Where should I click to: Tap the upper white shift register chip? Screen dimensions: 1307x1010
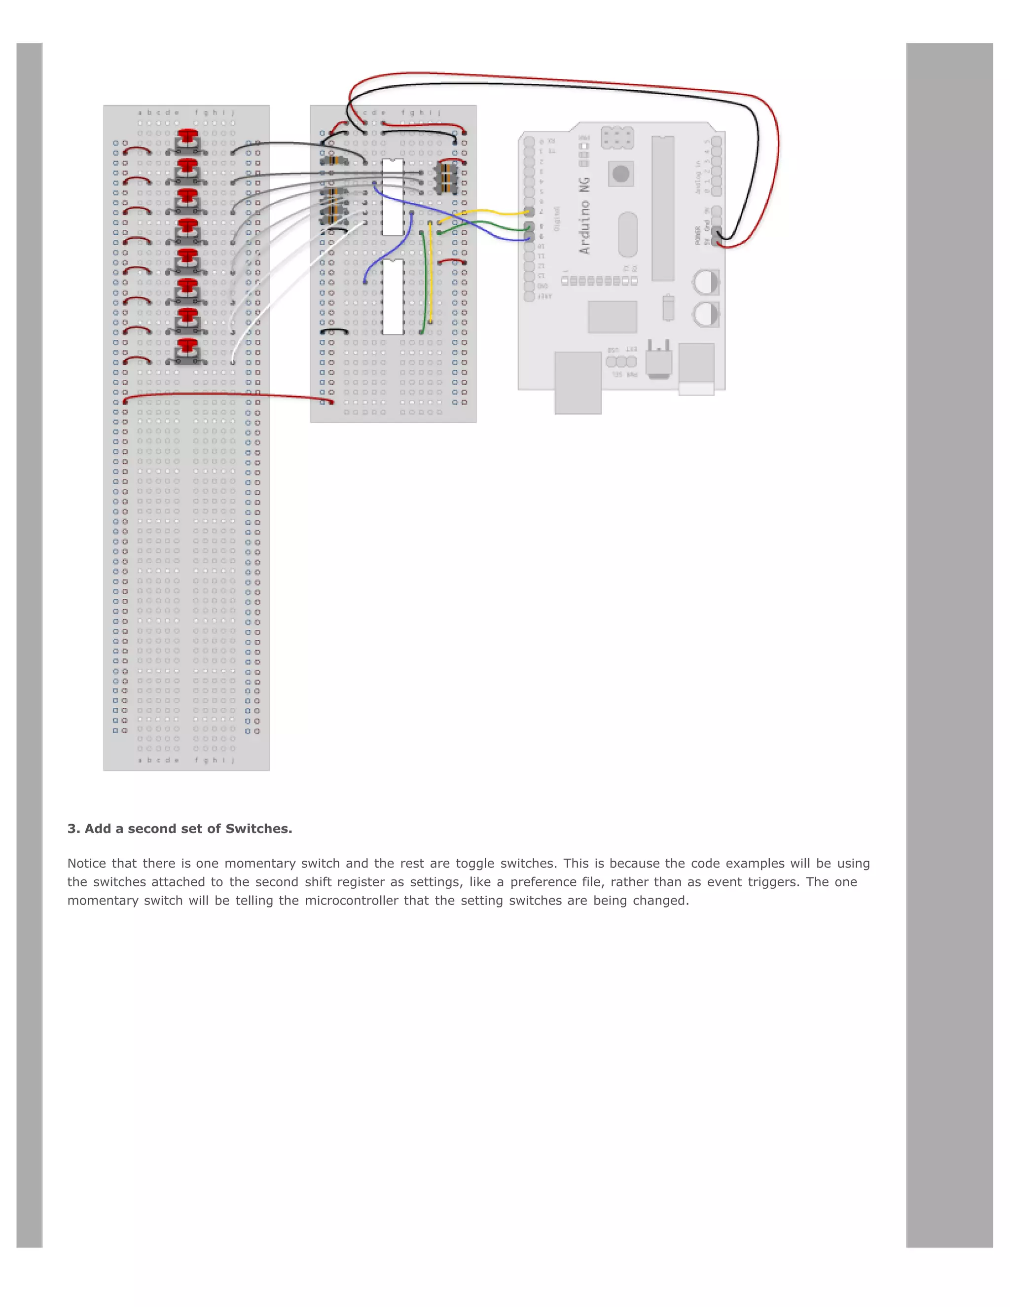point(393,197)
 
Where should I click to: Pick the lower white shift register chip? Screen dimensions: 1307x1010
point(393,297)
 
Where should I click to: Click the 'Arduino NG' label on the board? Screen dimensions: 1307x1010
point(584,216)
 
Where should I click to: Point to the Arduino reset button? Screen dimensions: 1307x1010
point(621,174)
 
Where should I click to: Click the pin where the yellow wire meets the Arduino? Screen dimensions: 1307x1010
point(529,212)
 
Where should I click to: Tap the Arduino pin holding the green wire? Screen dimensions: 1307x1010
point(529,226)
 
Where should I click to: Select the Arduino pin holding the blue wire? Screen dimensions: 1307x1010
point(529,238)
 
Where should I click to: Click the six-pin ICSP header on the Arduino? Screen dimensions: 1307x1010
point(617,138)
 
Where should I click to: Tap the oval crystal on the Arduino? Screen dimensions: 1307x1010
point(627,234)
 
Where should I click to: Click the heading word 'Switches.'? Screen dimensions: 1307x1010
point(258,829)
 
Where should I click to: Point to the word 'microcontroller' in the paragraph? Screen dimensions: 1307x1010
point(351,901)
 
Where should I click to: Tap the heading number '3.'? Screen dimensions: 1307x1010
point(73,829)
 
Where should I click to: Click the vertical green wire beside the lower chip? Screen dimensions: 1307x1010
point(424,281)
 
